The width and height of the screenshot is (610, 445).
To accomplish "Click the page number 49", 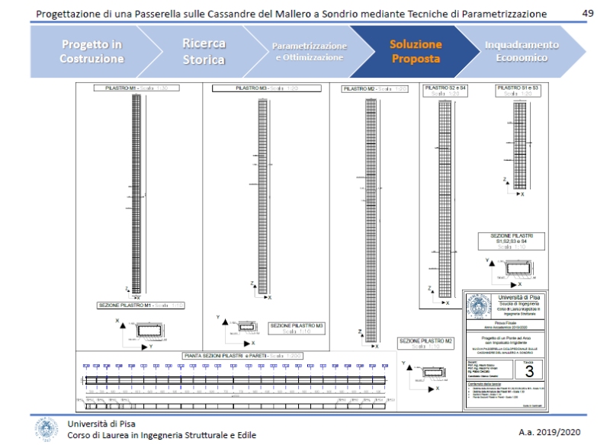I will point(588,14).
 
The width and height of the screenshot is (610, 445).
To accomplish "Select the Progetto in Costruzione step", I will point(91,51).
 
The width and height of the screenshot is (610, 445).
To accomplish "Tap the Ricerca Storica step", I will point(204,51).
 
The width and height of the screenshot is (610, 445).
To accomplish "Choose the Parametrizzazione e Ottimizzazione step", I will point(309,51).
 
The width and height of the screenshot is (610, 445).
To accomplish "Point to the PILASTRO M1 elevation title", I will point(136,88).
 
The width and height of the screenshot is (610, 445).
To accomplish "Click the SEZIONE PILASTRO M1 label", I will point(141,305).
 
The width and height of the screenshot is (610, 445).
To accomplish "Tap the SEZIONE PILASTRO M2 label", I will point(426,342).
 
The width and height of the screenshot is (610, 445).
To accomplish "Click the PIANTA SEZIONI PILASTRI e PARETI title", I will point(232,355).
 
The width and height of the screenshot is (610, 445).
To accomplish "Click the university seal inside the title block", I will point(480,307).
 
